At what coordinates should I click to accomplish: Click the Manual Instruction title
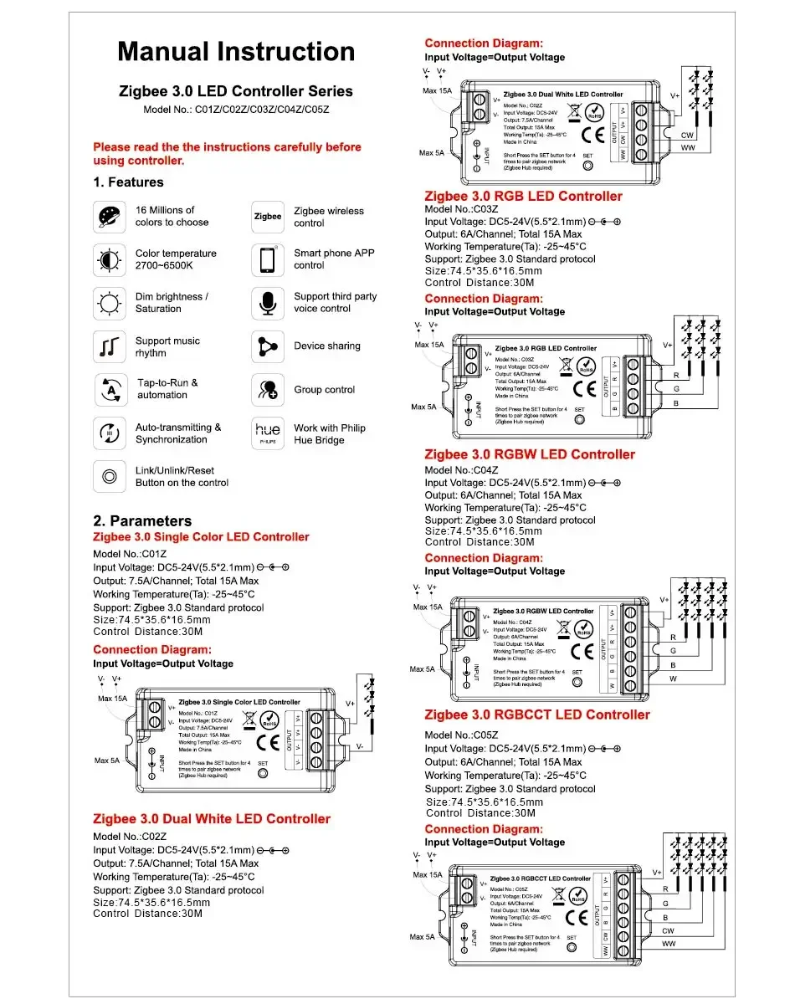[236, 52]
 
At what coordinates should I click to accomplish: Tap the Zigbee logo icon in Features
[268, 217]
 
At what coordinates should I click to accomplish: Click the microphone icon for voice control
[268, 302]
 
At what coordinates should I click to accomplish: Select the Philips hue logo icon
[268, 432]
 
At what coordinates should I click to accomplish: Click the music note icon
[110, 346]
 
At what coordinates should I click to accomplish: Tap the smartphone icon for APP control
[268, 259]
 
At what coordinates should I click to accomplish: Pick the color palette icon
[110, 217]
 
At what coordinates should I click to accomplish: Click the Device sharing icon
[268, 346]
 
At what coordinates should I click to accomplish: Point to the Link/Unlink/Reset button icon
[110, 476]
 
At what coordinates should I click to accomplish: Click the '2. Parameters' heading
[142, 520]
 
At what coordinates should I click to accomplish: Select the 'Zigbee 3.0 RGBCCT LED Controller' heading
[536, 715]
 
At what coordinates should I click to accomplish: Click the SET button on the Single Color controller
[263, 772]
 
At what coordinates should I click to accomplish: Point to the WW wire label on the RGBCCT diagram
[669, 944]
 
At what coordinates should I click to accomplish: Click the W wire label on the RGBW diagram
[673, 679]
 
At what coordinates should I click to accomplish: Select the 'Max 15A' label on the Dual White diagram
[437, 90]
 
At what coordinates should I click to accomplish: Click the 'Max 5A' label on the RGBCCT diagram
[423, 936]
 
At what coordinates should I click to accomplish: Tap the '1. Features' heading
[128, 182]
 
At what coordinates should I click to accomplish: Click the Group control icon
[268, 390]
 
